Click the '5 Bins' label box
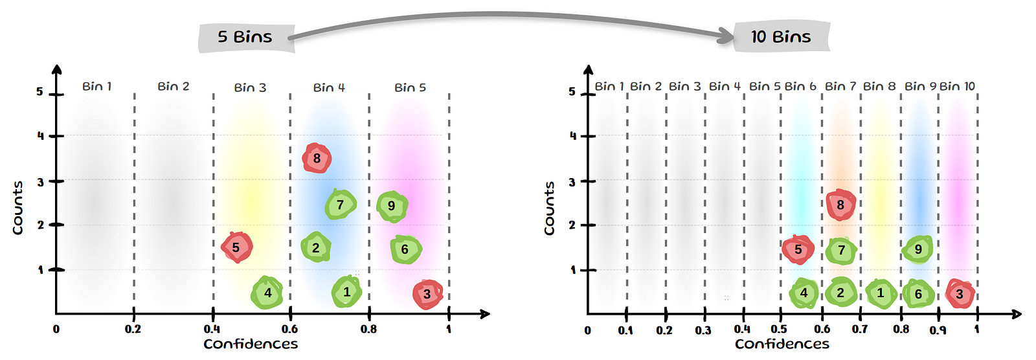click(x=245, y=37)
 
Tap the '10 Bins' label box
click(x=781, y=37)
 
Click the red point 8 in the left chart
click(x=317, y=159)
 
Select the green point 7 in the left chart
click(x=340, y=205)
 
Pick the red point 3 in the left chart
click(x=427, y=294)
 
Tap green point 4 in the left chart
click(x=267, y=293)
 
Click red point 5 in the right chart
click(x=798, y=249)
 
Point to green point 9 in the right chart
click(x=918, y=249)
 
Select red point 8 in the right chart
click(x=840, y=205)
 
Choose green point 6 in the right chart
click(x=918, y=293)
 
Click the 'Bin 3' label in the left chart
click(x=250, y=87)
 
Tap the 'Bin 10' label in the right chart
click(x=957, y=86)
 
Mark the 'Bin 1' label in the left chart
click(x=97, y=86)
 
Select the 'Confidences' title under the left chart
click(x=251, y=344)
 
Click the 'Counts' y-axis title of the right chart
click(x=550, y=208)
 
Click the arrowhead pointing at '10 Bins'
click(x=725, y=36)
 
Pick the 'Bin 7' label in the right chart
click(x=840, y=86)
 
